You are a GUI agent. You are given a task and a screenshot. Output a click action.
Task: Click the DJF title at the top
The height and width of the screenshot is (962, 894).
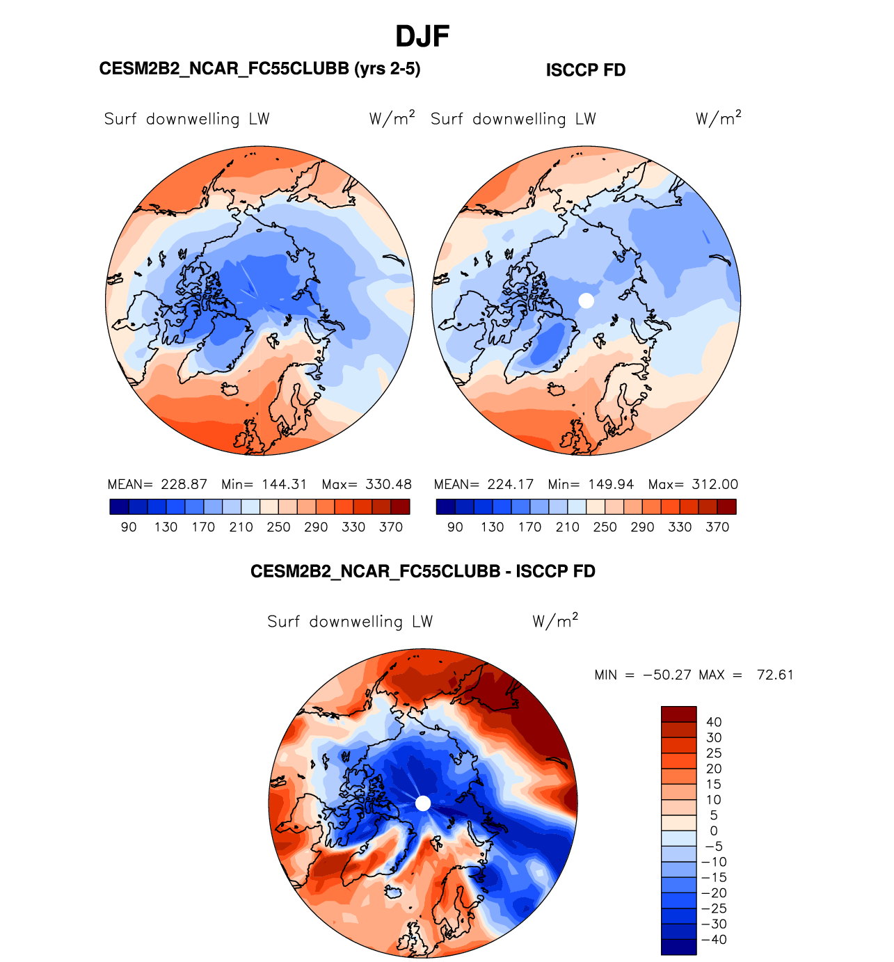coord(422,36)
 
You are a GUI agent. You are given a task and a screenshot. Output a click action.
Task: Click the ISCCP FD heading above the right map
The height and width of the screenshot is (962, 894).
coord(586,70)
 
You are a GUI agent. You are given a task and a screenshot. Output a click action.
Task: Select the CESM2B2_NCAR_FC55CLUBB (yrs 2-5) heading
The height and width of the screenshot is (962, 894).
coord(260,68)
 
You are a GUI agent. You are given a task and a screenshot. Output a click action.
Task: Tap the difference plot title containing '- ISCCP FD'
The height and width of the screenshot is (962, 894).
coord(423,571)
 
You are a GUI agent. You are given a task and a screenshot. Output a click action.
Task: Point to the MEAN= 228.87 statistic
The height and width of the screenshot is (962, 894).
coord(157,484)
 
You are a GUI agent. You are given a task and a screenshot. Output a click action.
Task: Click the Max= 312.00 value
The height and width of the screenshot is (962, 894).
coord(693,484)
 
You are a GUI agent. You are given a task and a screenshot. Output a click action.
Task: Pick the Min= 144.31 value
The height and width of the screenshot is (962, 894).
coord(264,484)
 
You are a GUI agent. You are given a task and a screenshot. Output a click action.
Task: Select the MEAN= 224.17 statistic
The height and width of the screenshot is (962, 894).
coord(484,484)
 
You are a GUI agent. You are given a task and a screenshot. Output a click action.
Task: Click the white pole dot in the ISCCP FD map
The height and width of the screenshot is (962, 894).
coord(586,300)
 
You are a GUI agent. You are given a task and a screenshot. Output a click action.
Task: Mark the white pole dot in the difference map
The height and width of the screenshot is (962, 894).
coord(423,803)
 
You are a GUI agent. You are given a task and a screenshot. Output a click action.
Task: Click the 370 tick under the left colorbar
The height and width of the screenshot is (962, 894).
coord(391,527)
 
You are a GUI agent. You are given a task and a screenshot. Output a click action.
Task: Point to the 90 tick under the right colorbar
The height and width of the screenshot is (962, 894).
coord(455,527)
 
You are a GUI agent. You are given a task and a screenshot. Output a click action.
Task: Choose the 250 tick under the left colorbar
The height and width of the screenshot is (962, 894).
coord(278,527)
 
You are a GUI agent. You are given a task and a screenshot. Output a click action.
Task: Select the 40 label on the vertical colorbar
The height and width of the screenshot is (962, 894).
coord(714,722)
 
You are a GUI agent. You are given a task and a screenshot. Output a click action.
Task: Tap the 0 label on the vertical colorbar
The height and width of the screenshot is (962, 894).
coord(714,831)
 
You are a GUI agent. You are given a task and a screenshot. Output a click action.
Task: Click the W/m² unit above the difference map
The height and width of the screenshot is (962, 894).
coord(555,620)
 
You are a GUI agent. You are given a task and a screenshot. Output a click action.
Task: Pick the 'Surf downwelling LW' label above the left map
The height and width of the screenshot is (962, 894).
coord(186,119)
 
